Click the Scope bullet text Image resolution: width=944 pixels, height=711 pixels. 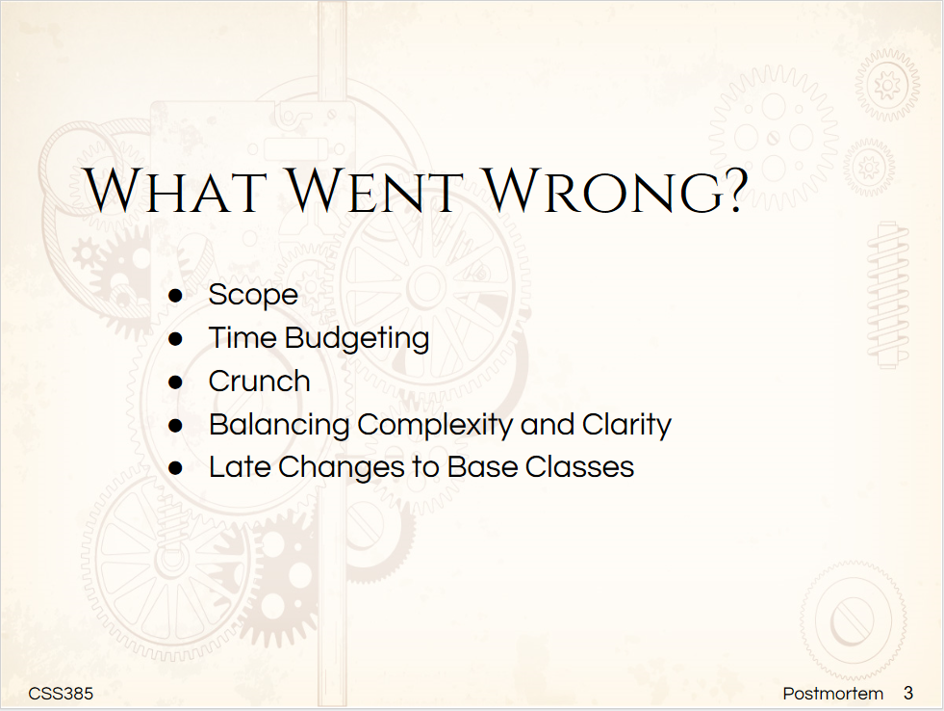[x=253, y=295]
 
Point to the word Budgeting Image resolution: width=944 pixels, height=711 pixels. [x=356, y=338]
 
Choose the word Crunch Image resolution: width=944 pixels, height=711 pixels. [x=259, y=382]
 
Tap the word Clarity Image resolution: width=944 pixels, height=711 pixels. [x=626, y=425]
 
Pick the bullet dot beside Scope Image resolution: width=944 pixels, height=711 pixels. [x=176, y=295]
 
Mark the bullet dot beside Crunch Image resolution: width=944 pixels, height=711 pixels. [x=176, y=382]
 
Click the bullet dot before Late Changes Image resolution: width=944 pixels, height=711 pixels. [x=176, y=468]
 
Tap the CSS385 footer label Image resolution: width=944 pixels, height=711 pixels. [x=61, y=694]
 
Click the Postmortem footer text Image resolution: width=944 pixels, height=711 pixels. [x=832, y=694]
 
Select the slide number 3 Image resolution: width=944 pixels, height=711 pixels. [x=908, y=694]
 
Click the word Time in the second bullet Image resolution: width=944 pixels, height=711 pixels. [x=242, y=338]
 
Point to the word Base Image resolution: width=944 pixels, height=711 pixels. [x=482, y=467]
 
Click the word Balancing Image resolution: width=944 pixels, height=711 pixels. [x=279, y=425]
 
